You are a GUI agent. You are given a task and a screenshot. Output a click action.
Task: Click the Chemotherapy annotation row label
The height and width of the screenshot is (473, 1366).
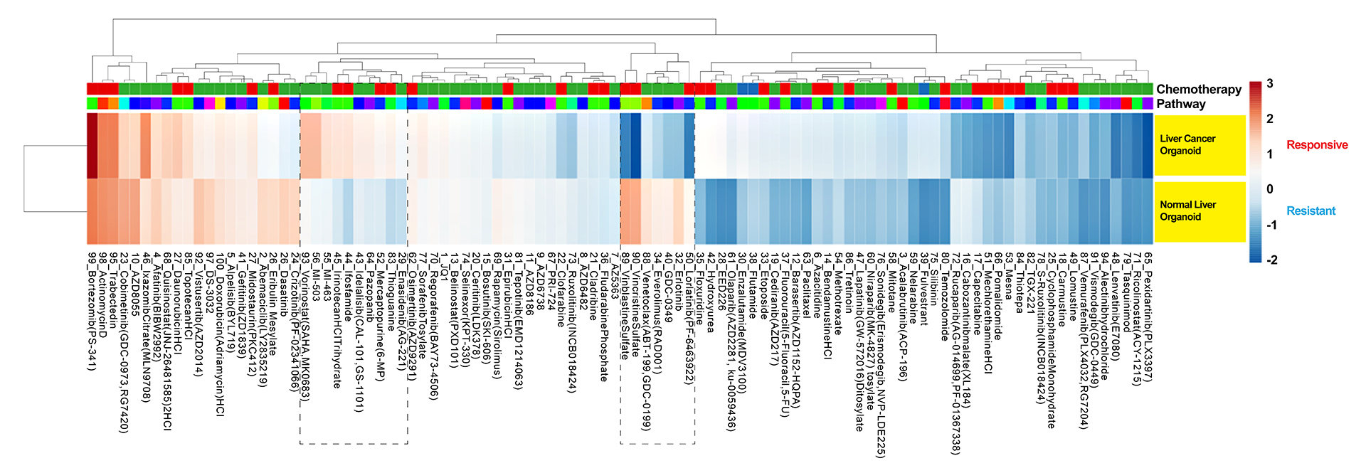pos(1198,89)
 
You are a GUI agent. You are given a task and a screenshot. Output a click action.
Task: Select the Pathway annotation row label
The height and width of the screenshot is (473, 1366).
pos(1180,104)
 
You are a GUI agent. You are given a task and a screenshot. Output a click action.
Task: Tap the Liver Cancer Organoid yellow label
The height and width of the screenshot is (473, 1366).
pos(1187,144)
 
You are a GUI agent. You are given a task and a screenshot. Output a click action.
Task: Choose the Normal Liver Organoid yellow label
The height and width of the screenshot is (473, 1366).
pos(1187,211)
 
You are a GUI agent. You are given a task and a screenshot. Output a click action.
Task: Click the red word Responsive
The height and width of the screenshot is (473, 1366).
pos(1316,145)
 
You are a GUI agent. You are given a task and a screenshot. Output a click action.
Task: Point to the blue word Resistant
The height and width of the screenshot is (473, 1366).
pos(1311,211)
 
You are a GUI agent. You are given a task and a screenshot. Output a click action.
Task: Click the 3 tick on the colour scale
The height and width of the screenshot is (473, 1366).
pos(1270,84)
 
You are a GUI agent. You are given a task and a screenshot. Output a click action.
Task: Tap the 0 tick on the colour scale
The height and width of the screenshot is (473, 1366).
pos(1270,189)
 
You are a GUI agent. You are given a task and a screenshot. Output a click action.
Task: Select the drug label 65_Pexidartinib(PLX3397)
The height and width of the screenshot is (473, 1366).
pos(1148,312)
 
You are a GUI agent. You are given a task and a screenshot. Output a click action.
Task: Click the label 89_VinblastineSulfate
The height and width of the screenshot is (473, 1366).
pos(625,299)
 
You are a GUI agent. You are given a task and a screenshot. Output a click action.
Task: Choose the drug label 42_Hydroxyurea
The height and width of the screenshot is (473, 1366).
pos(711,292)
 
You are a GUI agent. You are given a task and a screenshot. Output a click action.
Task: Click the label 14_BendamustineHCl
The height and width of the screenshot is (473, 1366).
pos(827,304)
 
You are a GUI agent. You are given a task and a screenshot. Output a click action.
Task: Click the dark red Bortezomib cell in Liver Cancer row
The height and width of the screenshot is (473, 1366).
pos(92,145)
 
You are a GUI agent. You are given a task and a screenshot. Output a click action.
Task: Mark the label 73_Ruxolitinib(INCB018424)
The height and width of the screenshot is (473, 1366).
pos(572,320)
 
